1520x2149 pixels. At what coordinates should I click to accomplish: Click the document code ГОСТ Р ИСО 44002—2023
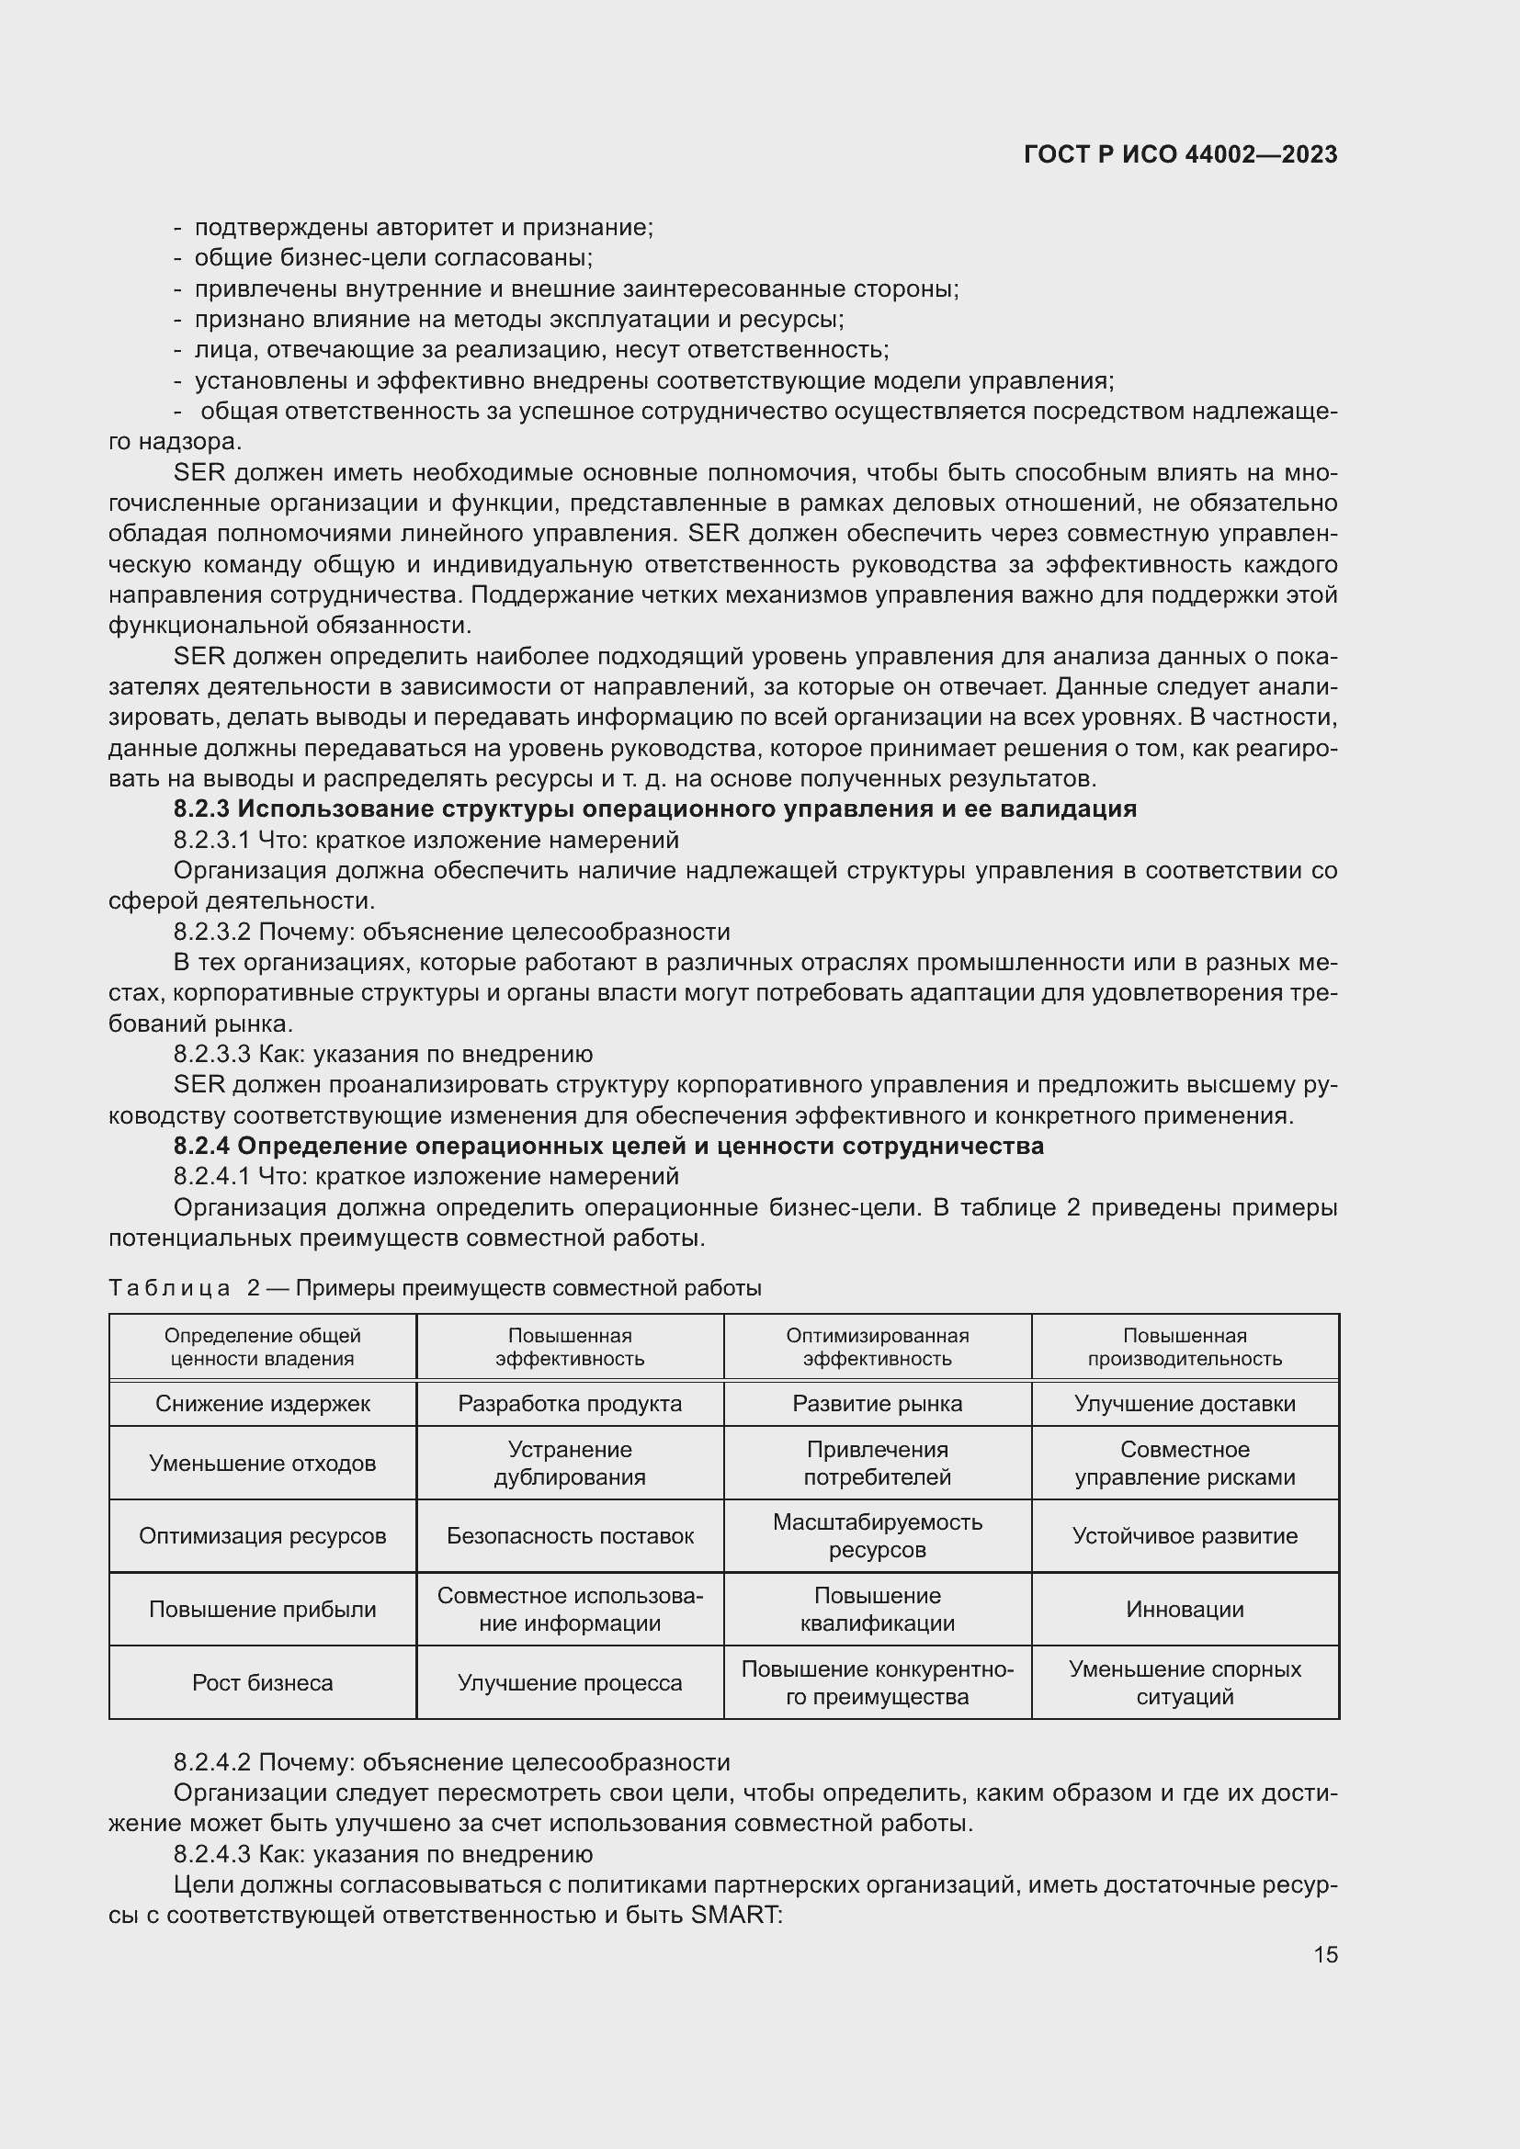coord(1180,154)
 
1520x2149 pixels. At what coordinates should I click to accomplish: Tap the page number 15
coord(1325,1954)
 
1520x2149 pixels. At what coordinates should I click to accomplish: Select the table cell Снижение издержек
coord(262,1403)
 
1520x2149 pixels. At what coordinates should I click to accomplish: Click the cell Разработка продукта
coord(569,1403)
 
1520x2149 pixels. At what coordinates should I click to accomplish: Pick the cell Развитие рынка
coord(877,1403)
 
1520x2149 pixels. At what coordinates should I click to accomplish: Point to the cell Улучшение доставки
coord(1184,1403)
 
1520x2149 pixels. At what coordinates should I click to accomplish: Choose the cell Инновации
coord(1184,1609)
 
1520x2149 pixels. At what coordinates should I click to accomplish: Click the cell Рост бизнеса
coord(262,1682)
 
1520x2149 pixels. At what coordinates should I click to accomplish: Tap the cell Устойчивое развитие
coord(1184,1535)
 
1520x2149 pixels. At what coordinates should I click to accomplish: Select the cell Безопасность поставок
coord(569,1535)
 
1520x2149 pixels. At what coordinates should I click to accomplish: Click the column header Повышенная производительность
coord(1184,1347)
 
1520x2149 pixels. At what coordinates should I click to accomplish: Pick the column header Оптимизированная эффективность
coord(877,1347)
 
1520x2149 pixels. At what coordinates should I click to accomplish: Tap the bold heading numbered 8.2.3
coord(654,809)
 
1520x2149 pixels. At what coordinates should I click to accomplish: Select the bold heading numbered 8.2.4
coord(608,1146)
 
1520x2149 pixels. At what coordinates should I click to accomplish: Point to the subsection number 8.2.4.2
coord(211,1762)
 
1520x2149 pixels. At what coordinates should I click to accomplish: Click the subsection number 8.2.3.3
coord(211,1054)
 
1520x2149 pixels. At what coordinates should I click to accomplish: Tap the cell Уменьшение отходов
coord(262,1463)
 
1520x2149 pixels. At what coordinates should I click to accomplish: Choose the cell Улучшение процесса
coord(569,1682)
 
